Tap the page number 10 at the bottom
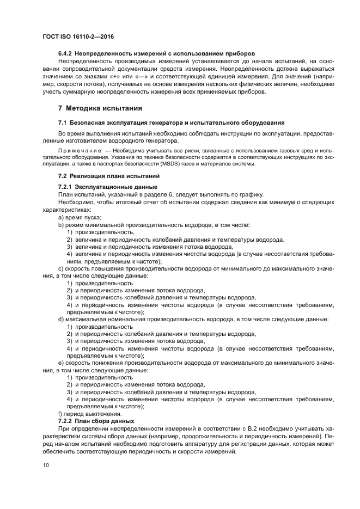click(x=45, y=465)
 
